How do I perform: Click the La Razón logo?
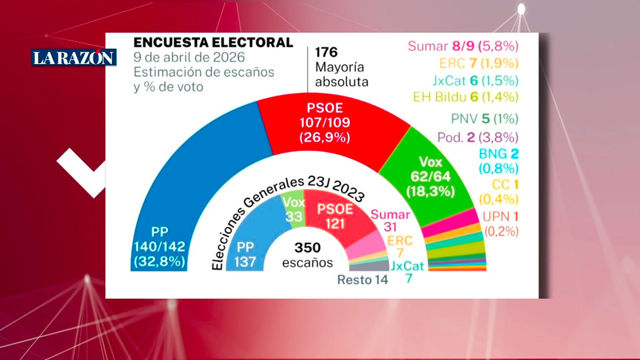point(74,58)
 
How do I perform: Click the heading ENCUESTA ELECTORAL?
point(213,42)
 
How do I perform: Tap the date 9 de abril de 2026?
point(189,57)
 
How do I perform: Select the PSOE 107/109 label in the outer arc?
point(324,123)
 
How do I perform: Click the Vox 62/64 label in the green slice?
point(430,177)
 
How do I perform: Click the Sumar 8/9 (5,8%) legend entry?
point(463,47)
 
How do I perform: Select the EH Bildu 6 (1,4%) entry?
point(465,97)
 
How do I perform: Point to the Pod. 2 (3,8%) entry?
point(478,137)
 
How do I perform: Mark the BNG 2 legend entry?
point(498,161)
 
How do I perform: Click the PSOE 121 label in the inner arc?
point(334,216)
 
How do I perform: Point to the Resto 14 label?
point(362,280)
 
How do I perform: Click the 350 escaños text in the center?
point(308,255)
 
